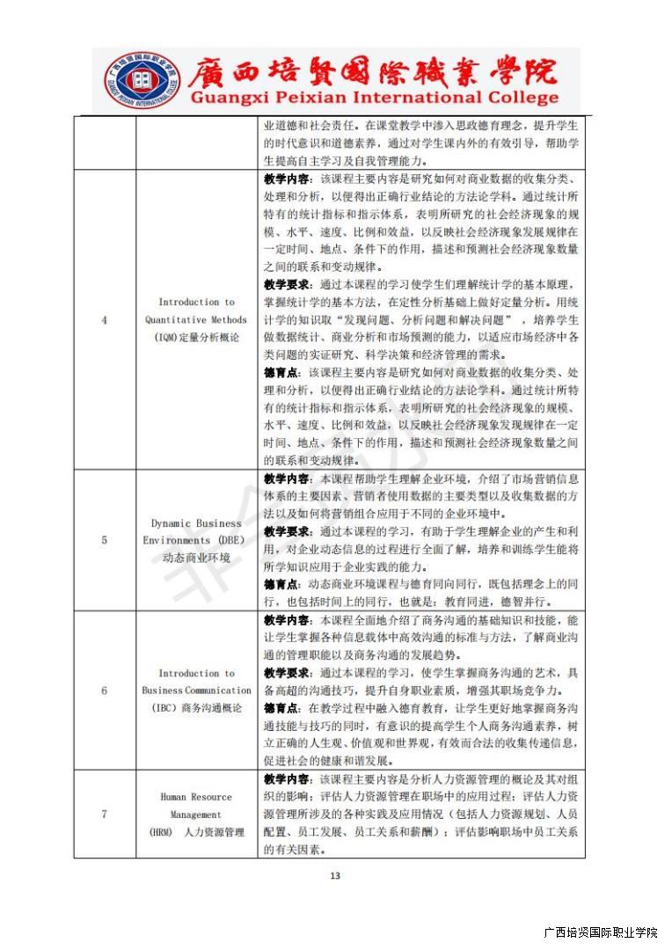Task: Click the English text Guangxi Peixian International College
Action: click(374, 99)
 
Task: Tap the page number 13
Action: click(334, 874)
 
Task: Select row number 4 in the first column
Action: click(104, 320)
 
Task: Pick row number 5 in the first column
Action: click(104, 540)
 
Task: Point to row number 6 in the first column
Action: click(104, 691)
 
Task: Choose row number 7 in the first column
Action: click(104, 815)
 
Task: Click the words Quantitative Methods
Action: click(196, 320)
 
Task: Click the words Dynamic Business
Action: click(196, 523)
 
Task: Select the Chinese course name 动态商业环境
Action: click(196, 558)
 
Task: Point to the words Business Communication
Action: click(196, 691)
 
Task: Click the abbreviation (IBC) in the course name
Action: click(166, 708)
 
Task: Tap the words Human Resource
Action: click(196, 797)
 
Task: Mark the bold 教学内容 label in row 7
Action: click(286, 779)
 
